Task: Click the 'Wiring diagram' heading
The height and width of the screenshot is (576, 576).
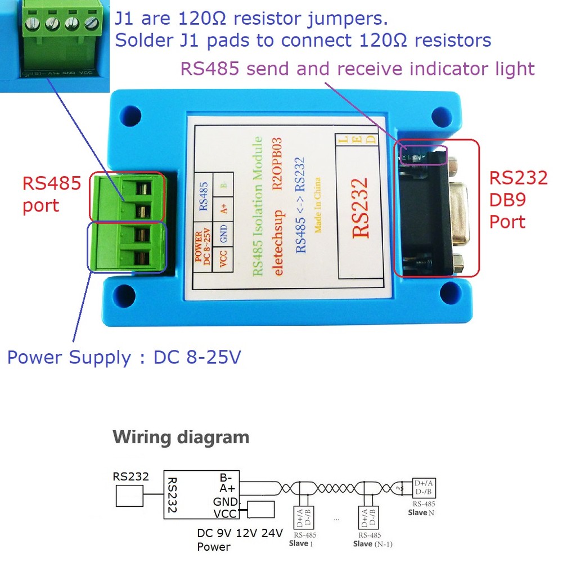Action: (181, 437)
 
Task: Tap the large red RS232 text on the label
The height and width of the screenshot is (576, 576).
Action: (361, 208)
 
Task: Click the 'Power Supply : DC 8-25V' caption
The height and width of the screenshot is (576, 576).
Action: (124, 357)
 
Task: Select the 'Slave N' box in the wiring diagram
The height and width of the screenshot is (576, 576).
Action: (423, 488)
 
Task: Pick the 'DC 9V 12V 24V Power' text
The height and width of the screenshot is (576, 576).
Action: (239, 539)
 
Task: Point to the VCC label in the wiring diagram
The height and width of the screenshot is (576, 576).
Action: (225, 514)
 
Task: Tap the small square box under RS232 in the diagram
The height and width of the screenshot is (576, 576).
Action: (129, 496)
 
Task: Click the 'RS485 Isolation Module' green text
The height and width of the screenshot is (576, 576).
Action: (258, 206)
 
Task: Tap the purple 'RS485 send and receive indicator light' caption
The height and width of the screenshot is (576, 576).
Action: (357, 69)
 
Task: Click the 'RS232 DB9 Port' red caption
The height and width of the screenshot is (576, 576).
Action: (517, 199)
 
